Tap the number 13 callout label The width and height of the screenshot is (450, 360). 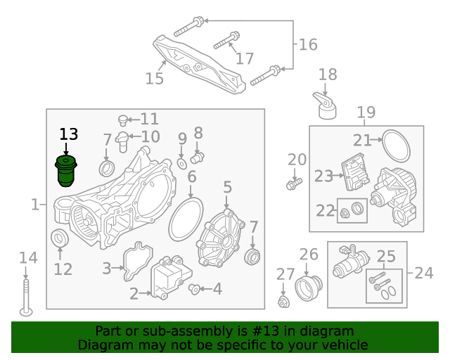(69, 134)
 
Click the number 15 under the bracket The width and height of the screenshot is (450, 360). (154, 78)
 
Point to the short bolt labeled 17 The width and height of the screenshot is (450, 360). (226, 41)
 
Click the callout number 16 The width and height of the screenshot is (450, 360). (308, 45)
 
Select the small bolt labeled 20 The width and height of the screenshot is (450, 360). (293, 183)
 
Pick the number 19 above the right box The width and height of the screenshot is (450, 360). (366, 112)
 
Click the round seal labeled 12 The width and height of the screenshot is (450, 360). (60, 238)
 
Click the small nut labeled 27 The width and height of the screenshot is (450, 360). (284, 302)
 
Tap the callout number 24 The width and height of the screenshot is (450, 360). (424, 272)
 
